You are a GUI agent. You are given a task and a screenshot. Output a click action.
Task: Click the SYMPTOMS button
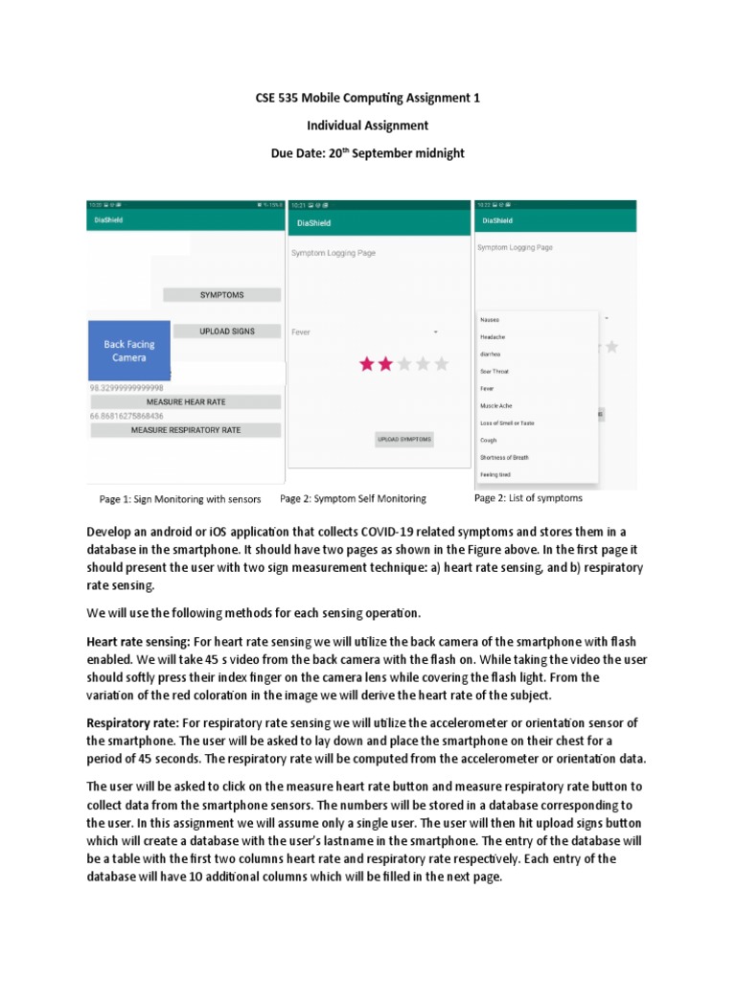221,295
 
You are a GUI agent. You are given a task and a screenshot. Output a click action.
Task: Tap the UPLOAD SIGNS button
227,331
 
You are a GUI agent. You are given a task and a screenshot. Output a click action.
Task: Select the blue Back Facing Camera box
129,351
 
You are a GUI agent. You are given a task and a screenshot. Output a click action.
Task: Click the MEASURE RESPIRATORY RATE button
186,431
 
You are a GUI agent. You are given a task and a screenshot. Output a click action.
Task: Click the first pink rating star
366,364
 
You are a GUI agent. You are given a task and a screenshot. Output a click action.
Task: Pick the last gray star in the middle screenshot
441,364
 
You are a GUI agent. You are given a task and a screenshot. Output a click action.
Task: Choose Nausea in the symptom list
489,319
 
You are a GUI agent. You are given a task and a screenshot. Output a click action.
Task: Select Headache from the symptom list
493,336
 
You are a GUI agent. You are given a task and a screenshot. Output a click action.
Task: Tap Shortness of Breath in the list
504,458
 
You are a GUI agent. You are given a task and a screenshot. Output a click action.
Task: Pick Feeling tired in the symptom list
496,475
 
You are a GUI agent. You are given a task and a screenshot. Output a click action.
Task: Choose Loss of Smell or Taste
508,423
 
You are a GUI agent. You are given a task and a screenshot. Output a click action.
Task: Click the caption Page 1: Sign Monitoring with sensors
179,499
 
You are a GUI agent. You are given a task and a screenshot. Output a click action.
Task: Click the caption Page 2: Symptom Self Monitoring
353,499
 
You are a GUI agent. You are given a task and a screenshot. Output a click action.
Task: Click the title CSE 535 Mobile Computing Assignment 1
367,98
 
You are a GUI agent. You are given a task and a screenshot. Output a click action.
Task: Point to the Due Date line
367,153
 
